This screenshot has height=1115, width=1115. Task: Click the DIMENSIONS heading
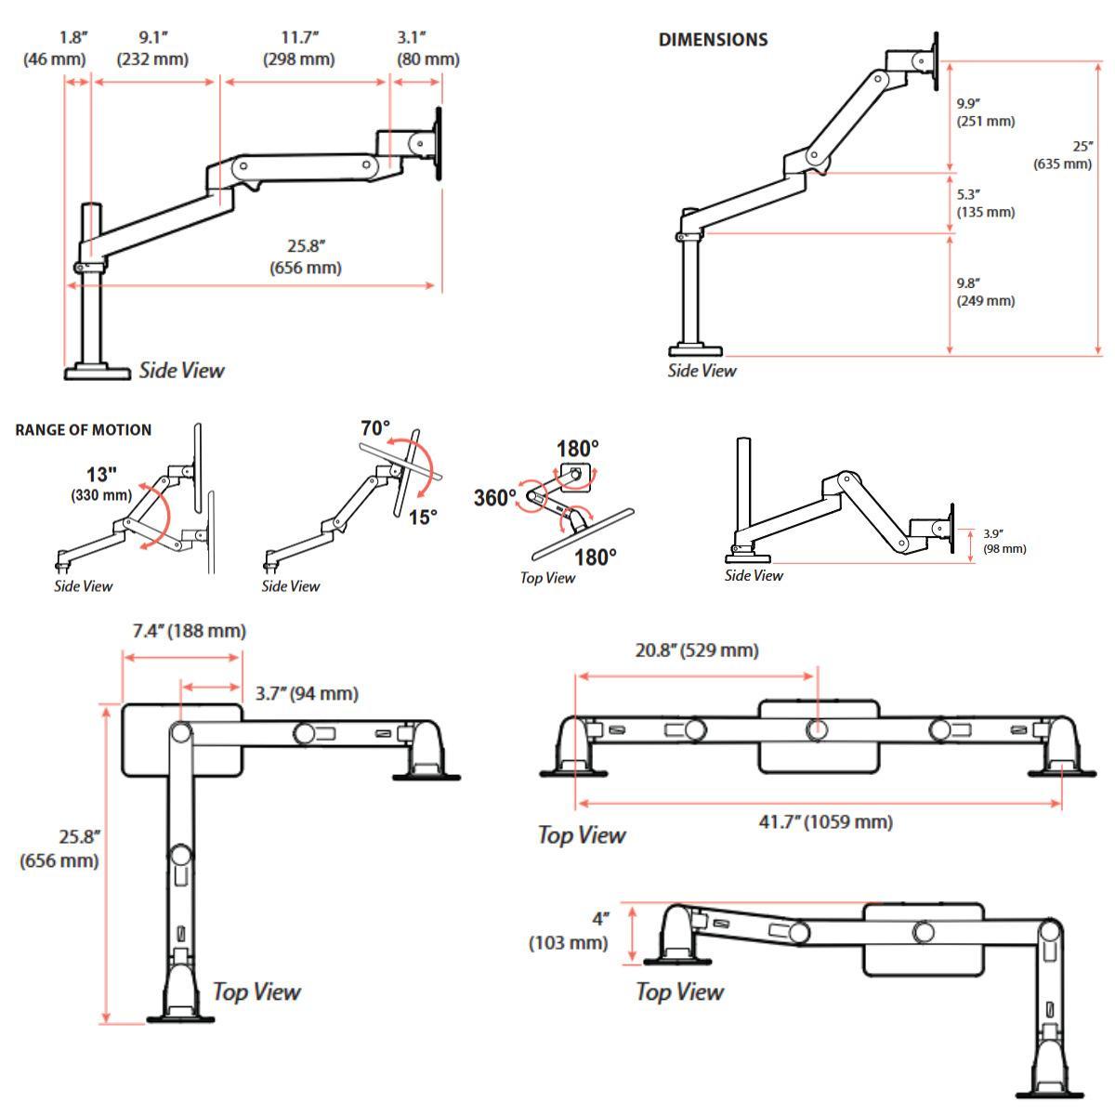pos(713,39)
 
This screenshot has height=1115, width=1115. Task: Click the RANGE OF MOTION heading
pos(84,430)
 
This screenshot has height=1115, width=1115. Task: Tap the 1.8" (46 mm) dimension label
pos(55,48)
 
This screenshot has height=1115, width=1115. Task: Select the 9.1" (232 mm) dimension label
pos(152,48)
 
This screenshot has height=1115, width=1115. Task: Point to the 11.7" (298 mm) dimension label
pos(299,48)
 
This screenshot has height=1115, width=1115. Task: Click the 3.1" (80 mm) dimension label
pos(428,48)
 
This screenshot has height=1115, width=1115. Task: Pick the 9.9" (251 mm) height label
pos(986,112)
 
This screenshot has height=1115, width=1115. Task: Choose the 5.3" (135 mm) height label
pos(986,203)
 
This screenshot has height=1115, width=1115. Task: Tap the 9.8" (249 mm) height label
pos(986,292)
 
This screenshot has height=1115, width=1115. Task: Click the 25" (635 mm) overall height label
pos(1062,155)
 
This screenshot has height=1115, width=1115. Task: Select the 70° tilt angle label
pos(375,428)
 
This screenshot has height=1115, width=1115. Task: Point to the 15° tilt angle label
pos(423,518)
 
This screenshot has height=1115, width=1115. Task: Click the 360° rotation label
pos(494,498)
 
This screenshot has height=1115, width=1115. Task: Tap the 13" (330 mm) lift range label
pos(101,484)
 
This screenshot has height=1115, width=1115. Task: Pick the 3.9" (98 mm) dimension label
pos(1004,541)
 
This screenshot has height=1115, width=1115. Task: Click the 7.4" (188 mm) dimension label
pos(190,631)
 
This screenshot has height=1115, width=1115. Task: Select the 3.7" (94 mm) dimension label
pos(308,693)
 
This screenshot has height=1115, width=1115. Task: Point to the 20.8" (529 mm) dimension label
pos(697,650)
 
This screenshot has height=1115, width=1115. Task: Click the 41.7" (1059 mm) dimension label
pos(826,821)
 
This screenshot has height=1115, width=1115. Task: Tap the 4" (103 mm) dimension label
pos(569,931)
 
